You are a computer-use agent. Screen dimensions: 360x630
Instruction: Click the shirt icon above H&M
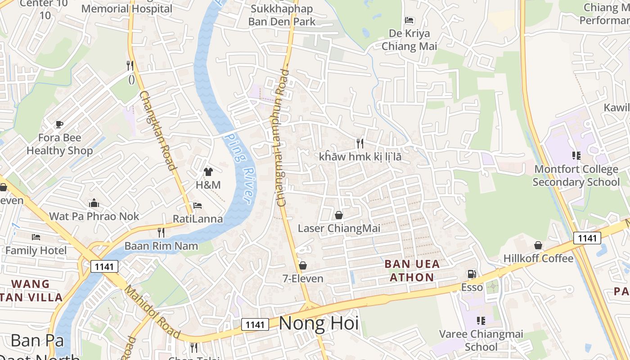pos(208,171)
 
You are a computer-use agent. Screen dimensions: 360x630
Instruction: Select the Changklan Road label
pos(157,130)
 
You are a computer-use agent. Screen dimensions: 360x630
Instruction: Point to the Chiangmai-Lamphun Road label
pos(283,137)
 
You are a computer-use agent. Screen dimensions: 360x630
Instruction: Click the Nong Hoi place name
pos(319,323)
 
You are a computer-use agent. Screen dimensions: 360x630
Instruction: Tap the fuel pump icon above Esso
pos(472,274)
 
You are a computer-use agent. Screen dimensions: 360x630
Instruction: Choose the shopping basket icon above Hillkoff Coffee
pos(538,245)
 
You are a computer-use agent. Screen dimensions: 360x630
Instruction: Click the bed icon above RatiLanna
pos(198,206)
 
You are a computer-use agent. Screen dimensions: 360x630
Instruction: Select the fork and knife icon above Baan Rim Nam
pos(161,233)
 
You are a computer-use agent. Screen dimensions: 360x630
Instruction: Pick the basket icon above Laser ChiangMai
pos(339,215)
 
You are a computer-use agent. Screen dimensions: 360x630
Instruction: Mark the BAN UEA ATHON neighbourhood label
pos(412,270)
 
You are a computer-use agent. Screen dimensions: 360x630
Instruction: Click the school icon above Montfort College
pos(576,156)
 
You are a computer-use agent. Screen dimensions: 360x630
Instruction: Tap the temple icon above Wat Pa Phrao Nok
pos(94,203)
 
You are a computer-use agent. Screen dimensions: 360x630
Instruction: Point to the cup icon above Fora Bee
pos(59,124)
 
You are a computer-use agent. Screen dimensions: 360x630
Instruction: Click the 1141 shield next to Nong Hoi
pos(255,324)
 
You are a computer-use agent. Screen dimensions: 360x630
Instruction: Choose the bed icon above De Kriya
pos(409,20)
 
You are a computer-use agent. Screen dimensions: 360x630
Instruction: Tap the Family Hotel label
pos(36,250)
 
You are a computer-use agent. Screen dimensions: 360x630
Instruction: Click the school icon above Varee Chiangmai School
pos(481,321)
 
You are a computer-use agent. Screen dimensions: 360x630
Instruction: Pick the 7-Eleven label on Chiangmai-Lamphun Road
pos(303,279)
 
